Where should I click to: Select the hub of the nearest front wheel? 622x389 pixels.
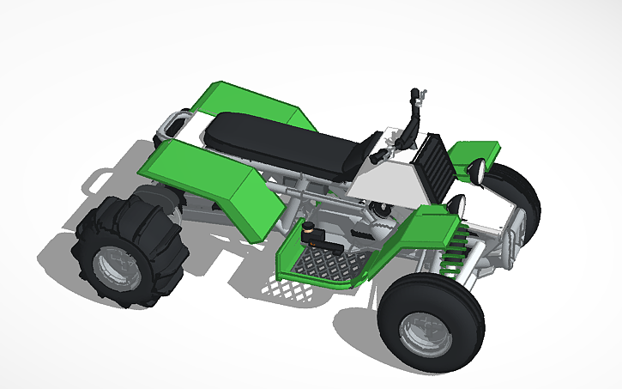(x=423, y=331)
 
